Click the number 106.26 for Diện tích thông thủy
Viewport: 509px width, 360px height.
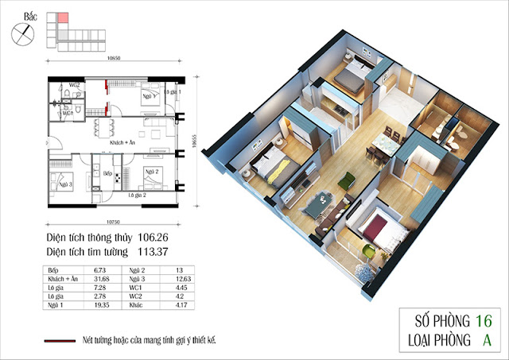[174, 238]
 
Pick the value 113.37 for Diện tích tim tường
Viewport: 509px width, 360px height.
[174, 254]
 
